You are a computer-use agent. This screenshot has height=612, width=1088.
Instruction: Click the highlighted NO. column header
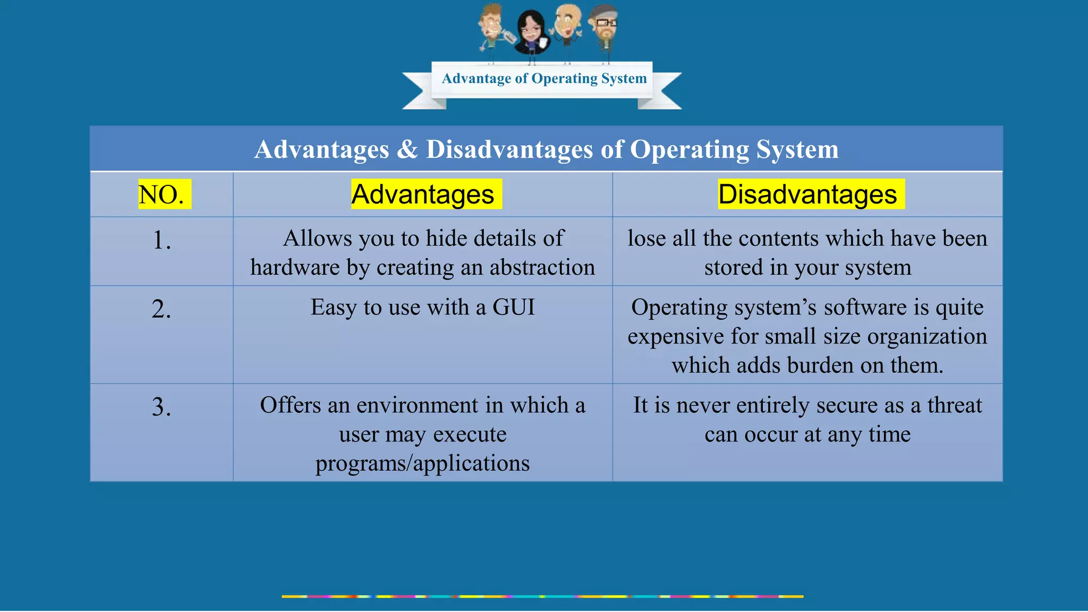[x=161, y=194]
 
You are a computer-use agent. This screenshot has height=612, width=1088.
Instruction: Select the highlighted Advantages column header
[x=423, y=194]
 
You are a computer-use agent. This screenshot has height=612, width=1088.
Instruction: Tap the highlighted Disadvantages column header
[x=807, y=194]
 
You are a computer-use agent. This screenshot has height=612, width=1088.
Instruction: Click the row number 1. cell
[x=161, y=240]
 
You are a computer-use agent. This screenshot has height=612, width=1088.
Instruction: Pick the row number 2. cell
[x=161, y=309]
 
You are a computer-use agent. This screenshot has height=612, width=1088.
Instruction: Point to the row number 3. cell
[x=161, y=407]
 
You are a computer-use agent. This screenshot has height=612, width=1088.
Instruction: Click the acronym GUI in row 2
[x=514, y=308]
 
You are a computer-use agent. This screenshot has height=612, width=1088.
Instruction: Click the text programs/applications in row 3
[x=422, y=463]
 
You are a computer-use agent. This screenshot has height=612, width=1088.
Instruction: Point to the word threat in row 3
[x=955, y=405]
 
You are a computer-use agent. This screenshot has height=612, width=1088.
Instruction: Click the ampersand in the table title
[x=407, y=149]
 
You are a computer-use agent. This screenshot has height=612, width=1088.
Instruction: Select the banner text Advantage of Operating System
[x=544, y=79]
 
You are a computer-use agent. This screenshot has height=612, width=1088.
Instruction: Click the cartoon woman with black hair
[x=531, y=32]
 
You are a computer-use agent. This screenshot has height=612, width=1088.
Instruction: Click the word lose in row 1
[x=646, y=239]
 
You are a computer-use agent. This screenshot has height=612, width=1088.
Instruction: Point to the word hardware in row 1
[x=295, y=268]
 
